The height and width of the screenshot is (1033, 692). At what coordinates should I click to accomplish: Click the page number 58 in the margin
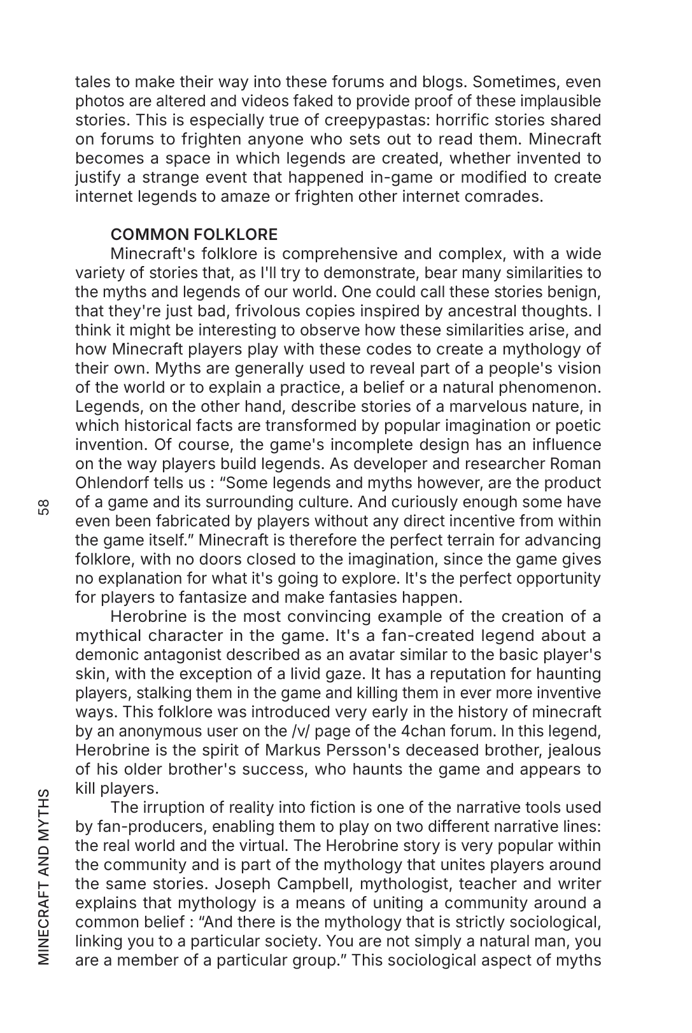43,507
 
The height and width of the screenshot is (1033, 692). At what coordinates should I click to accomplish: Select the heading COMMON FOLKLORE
194,234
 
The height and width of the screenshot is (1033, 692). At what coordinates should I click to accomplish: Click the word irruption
173,807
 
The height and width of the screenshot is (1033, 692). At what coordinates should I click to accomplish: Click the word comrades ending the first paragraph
507,196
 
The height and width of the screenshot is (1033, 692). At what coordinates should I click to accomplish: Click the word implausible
558,101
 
